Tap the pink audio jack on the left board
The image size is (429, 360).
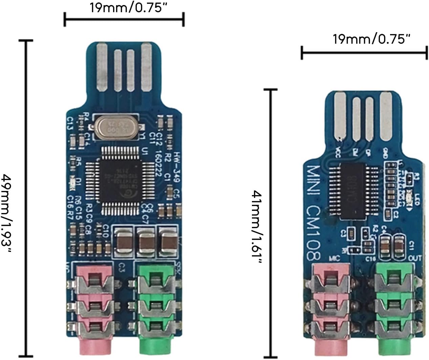click(x=94, y=305)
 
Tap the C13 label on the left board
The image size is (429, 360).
click(x=70, y=123)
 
